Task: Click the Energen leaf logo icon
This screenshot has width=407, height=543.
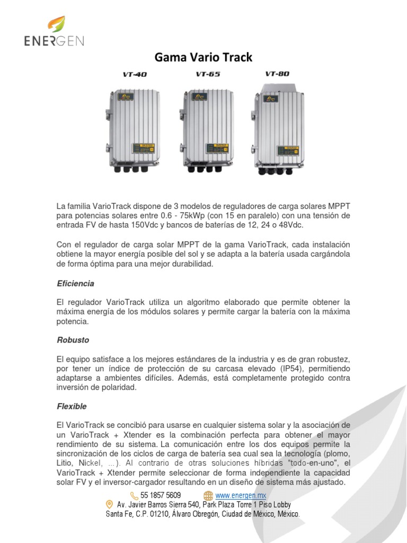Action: pos(57,24)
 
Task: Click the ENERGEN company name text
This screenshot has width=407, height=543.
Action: pos(54,41)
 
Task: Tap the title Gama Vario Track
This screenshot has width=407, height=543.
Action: pos(203,57)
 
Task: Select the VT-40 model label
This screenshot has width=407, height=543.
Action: pos(135,75)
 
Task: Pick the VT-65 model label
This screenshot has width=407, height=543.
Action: pos(208,74)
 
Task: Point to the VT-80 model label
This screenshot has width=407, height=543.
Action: pos(277,74)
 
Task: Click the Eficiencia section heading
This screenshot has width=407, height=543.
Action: pos(75,284)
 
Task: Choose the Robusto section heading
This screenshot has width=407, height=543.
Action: pos(73,339)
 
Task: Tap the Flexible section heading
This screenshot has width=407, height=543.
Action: pos(72,406)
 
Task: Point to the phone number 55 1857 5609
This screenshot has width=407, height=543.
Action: pos(160,495)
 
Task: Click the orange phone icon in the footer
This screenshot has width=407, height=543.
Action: pos(134,495)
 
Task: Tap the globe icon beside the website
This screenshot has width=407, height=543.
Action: pos(208,495)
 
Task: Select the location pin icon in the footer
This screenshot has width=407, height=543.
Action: pos(110,504)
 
